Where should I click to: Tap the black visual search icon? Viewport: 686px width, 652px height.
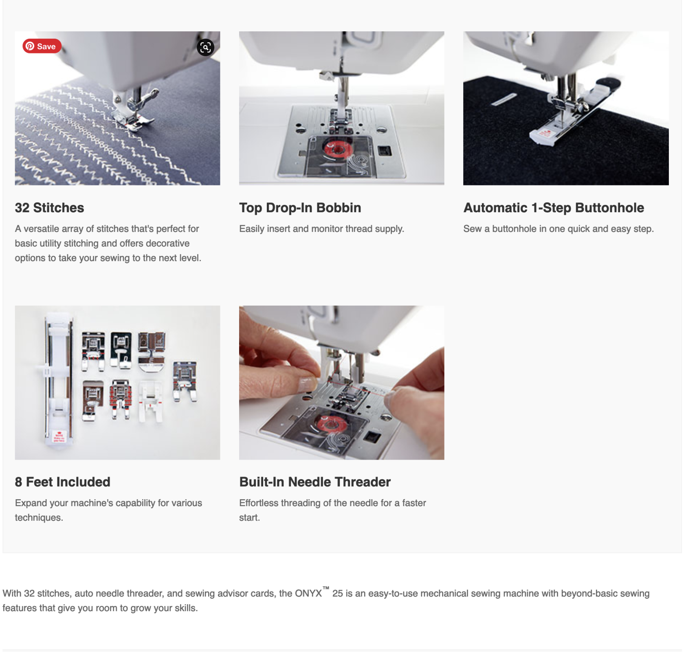(x=206, y=47)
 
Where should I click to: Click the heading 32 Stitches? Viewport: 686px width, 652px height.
(x=49, y=208)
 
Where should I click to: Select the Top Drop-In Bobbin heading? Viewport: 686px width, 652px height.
(x=300, y=208)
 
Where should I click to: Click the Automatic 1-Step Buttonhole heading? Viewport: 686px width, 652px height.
(x=554, y=208)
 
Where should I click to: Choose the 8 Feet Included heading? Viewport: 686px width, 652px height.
(x=63, y=482)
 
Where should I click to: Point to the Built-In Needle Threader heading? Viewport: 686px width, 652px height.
(x=315, y=482)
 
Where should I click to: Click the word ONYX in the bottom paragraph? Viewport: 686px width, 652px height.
(x=308, y=593)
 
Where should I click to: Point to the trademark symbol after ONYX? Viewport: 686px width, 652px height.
(x=326, y=588)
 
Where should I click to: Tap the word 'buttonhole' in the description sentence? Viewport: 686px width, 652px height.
(x=514, y=229)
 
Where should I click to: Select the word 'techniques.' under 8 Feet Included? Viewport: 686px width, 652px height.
(x=39, y=518)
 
